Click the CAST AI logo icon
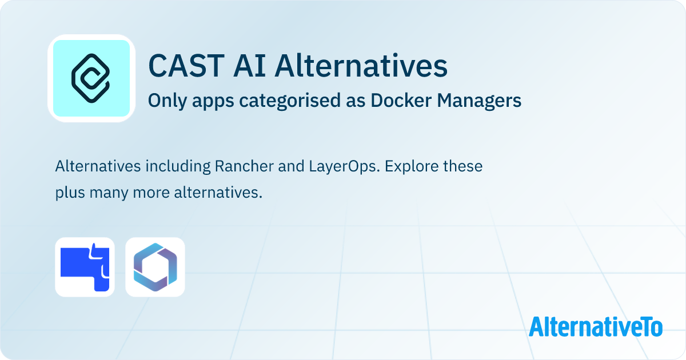coord(91,78)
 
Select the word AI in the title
coord(249,66)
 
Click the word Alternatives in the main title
coord(361,66)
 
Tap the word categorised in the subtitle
coord(290,101)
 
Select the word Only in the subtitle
coord(167,101)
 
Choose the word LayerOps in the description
coord(344,167)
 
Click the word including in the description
coord(178,167)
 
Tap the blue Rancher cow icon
coord(85,267)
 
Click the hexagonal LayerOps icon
coord(155,267)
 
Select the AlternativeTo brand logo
coord(596,326)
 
